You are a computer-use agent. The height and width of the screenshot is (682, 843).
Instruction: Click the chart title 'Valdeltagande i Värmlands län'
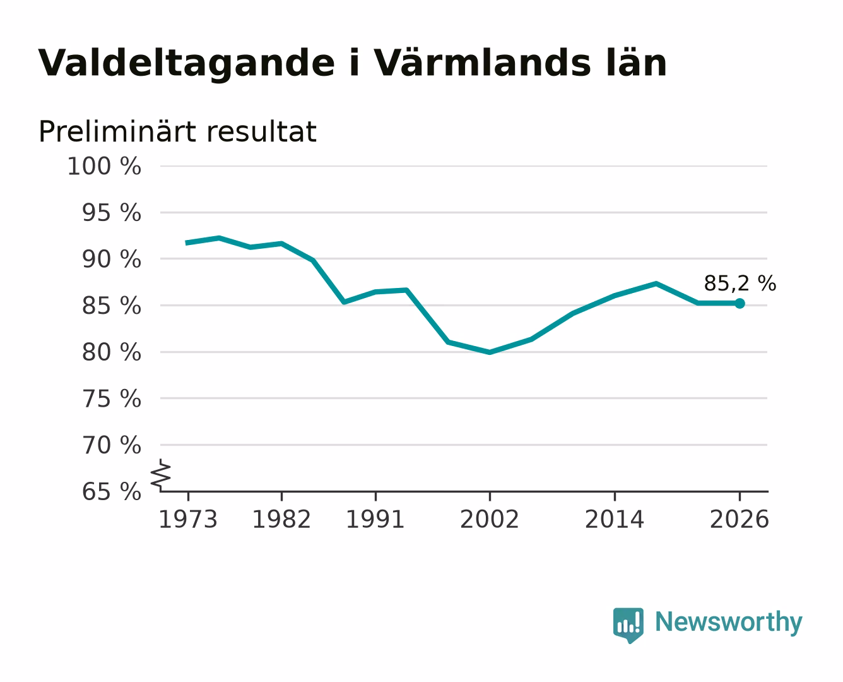pos(353,64)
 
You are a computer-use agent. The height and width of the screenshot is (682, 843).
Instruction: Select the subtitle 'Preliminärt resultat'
pos(177,131)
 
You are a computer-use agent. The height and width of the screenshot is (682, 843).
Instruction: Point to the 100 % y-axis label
pos(104,166)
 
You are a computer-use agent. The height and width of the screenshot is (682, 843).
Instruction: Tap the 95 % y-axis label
pos(111,213)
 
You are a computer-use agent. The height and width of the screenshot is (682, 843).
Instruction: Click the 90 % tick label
pos(111,260)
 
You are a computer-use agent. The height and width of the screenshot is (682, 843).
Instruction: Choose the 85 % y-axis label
pos(111,306)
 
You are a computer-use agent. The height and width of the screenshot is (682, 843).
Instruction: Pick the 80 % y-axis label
pos(111,352)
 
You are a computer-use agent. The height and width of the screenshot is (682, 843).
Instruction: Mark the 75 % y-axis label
pos(111,398)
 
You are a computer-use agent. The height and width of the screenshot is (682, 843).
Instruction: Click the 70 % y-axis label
pos(111,445)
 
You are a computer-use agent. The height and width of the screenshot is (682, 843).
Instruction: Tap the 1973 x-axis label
pos(188,519)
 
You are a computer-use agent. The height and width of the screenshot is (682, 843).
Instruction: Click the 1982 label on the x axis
pos(281,519)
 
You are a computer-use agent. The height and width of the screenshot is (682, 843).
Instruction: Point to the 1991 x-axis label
pos(375,519)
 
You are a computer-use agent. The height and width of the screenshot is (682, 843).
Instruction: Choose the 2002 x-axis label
pos(490,519)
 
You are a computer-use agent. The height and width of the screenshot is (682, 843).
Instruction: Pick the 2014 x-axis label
pos(614,519)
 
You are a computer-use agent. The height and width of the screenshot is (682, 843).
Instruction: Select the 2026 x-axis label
pos(740,519)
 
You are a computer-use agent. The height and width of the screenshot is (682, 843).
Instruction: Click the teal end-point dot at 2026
pos(740,304)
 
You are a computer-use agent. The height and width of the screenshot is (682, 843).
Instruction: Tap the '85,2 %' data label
pos(740,283)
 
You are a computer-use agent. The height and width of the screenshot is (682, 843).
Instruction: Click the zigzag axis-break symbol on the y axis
pos(161,476)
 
